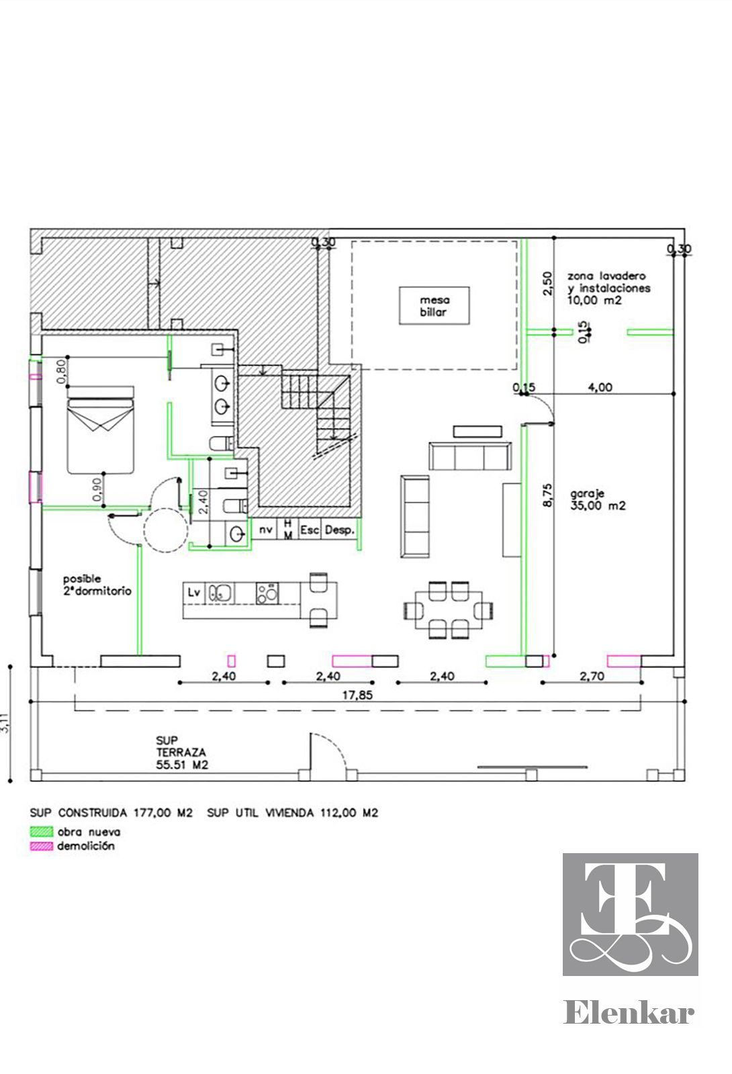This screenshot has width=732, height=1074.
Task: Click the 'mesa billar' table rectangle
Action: [434, 306]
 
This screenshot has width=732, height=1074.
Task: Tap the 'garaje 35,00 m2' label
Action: [598, 499]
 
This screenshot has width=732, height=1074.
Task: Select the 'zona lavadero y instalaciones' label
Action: [608, 282]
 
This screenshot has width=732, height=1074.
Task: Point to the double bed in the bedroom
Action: [100, 430]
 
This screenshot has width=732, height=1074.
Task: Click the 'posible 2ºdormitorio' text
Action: [97, 585]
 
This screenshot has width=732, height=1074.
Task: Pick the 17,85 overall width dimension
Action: [357, 695]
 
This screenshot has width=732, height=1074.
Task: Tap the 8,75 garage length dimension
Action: [547, 495]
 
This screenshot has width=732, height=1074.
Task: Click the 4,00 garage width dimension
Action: [600, 387]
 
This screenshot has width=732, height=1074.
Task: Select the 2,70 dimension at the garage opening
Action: [592, 676]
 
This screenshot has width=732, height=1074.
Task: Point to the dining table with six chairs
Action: [449, 610]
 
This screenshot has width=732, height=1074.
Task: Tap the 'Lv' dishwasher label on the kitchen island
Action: [194, 592]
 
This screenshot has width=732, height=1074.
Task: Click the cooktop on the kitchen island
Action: [267, 593]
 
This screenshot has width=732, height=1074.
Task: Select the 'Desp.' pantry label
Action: [340, 530]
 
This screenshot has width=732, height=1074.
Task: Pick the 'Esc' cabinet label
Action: [310, 530]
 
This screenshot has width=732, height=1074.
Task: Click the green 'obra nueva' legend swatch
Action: [41, 832]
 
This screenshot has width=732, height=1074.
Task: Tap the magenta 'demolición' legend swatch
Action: [41, 846]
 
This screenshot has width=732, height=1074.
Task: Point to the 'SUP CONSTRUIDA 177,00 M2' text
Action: [111, 813]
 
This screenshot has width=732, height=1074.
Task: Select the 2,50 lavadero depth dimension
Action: [547, 283]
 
